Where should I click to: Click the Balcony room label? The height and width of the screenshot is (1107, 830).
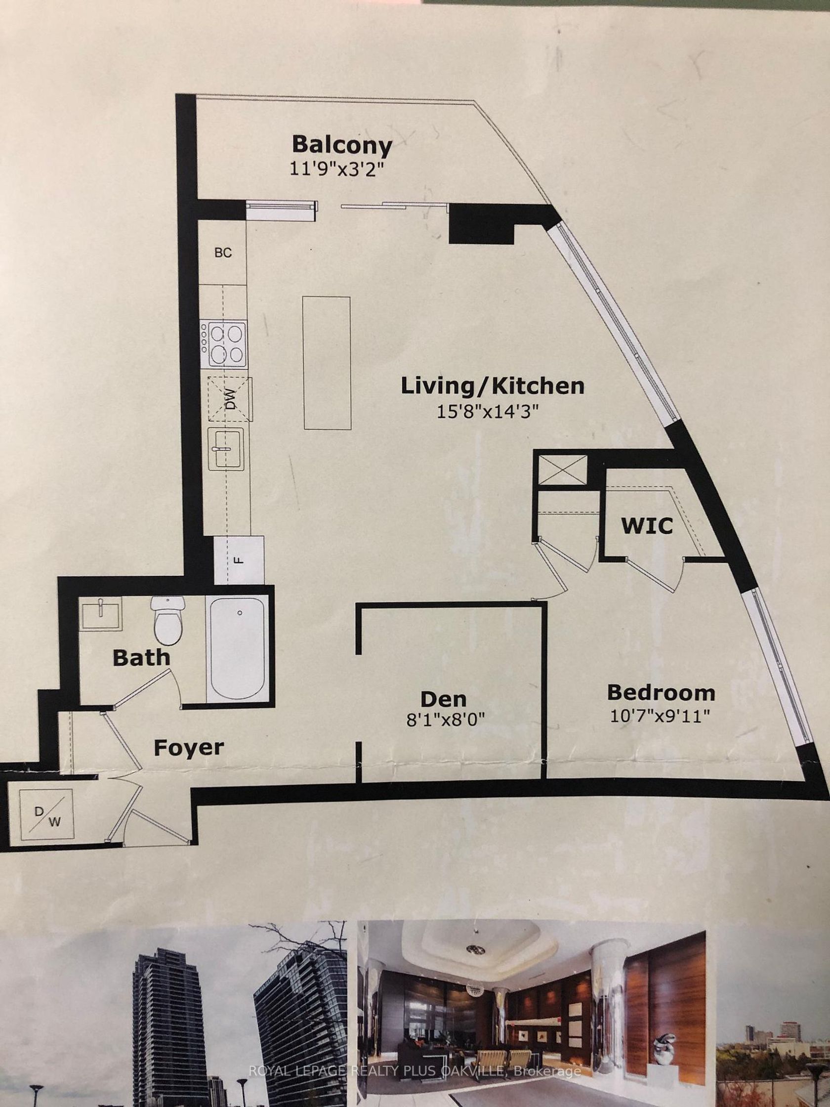pos(342,145)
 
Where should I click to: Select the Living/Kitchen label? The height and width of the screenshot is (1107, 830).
pos(493,386)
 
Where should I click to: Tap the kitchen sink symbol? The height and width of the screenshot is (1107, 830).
pos(226,448)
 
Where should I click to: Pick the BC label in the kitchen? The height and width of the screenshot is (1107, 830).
pos(223,253)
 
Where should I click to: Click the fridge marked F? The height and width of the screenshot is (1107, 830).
pos(239,559)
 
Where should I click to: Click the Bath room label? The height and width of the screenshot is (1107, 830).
pos(142,657)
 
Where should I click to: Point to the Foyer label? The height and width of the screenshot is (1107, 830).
pos(189,748)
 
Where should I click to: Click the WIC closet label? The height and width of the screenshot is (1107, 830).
pos(647,525)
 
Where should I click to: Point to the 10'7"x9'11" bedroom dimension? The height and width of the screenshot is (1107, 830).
pos(661,717)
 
